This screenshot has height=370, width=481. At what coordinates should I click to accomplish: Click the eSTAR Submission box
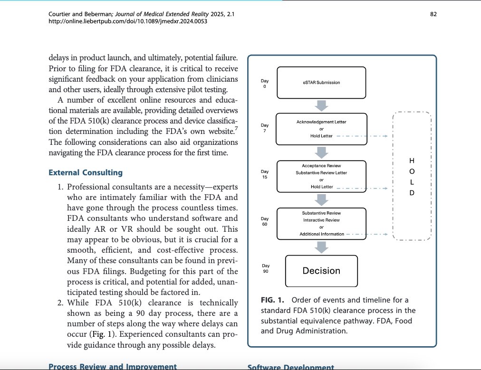coord(321,82)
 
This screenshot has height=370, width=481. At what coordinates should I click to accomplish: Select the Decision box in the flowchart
coord(321,271)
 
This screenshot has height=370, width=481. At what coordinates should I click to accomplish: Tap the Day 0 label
coord(265,83)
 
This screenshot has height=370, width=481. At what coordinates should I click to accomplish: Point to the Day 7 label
coord(265,128)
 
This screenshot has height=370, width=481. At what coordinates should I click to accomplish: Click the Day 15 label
coord(265,174)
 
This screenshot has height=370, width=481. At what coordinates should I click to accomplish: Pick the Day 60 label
coord(265,221)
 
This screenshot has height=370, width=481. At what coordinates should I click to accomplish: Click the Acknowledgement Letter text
coord(321,122)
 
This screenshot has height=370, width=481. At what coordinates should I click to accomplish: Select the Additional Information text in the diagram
coord(321,234)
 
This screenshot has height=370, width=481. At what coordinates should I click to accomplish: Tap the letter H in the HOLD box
coord(412,160)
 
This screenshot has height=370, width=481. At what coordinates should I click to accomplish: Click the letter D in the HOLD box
coord(412,193)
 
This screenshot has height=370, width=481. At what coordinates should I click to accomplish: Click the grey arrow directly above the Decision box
coord(321,247)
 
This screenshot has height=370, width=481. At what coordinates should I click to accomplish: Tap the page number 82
coord(433,15)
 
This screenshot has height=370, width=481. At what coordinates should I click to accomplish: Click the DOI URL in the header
coord(108,22)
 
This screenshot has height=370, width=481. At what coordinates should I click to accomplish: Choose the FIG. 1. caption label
coord(272,300)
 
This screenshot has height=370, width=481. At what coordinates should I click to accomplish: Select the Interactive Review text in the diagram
coord(321,220)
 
